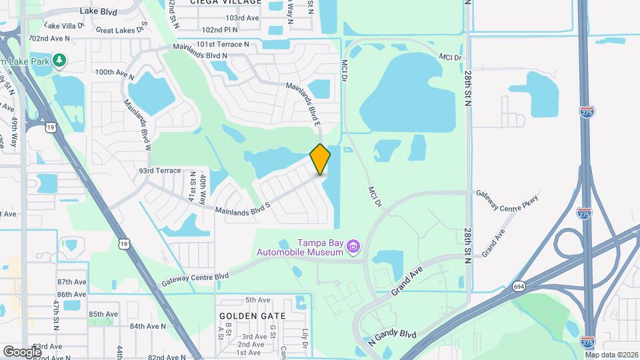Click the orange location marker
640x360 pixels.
coord(320,159)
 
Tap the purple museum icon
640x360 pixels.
coord(354,247)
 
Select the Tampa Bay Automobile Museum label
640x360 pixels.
coord(301,247)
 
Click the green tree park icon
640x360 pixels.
coord(60,61)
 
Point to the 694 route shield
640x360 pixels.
coord(518,286)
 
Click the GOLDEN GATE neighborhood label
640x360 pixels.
coord(253,315)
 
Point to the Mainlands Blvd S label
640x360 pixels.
coord(242,209)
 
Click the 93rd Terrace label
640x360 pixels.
coord(160,171)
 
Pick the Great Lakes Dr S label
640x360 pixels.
coord(121,29)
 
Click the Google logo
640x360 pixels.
coord(22,351)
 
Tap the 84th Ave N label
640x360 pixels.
coord(147,326)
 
